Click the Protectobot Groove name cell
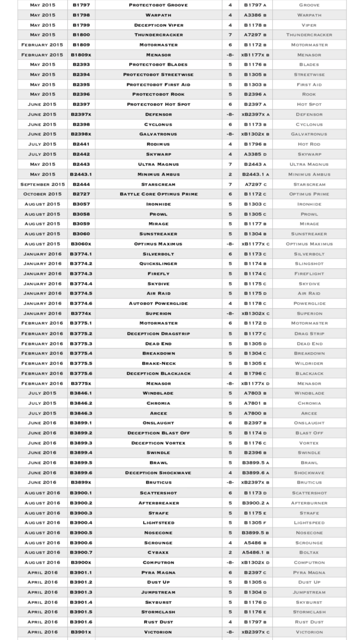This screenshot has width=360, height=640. (x=158, y=5)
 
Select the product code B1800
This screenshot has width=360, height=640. (x=81, y=35)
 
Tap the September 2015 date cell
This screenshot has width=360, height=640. (x=42, y=184)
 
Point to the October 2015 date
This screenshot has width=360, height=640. (x=42, y=194)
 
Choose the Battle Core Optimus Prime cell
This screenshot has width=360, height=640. (x=158, y=194)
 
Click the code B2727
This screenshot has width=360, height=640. (x=81, y=194)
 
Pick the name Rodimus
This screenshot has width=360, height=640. (x=158, y=144)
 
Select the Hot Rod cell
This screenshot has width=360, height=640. (x=309, y=144)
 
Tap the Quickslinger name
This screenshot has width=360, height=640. (x=158, y=264)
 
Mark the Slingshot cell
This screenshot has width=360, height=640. (x=309, y=264)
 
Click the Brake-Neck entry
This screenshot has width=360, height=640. (x=158, y=364)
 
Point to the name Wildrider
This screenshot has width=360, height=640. (x=309, y=364)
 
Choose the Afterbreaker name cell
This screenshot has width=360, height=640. (x=158, y=503)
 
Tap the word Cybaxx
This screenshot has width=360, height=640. (x=158, y=553)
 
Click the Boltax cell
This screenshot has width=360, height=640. (x=309, y=553)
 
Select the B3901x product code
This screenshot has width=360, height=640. (x=81, y=632)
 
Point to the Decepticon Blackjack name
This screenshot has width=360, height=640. (x=158, y=374)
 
